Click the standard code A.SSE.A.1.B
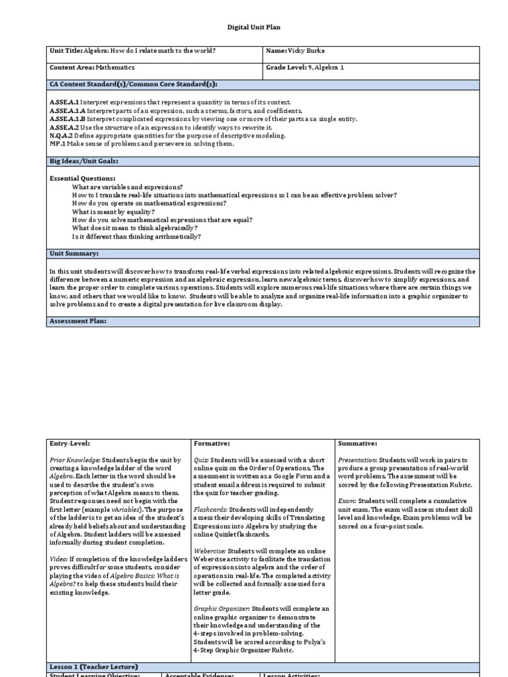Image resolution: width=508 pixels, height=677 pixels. (67, 119)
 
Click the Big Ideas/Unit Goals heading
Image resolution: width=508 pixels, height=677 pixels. (84, 161)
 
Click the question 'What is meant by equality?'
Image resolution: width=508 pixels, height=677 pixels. (114, 212)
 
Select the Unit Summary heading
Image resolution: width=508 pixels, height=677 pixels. (74, 253)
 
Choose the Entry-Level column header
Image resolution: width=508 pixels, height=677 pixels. (69, 443)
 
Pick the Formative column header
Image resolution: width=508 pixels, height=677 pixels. (212, 443)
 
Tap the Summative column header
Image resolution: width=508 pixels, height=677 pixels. (359, 443)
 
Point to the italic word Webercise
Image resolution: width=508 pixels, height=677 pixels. (210, 551)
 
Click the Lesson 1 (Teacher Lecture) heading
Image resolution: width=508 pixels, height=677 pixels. (94, 667)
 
